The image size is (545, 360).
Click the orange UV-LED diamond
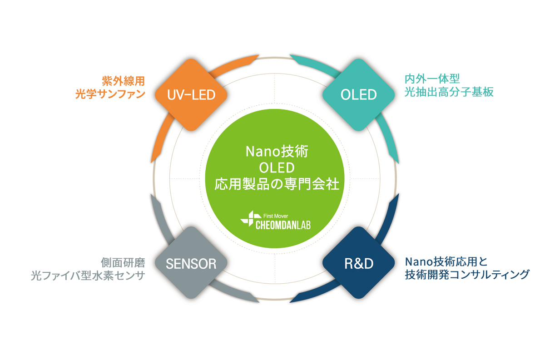click(191, 95)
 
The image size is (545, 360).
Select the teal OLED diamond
click(359, 95)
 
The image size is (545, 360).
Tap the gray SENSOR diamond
click(191, 263)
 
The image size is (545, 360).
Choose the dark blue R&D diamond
click(359, 263)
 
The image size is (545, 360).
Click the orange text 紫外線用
click(124, 81)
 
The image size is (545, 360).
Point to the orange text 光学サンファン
click(110, 94)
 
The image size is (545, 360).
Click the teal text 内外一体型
click(432, 79)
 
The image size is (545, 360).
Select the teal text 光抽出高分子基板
click(449, 92)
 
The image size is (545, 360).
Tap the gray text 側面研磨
click(123, 262)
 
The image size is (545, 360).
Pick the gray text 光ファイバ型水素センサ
click(88, 276)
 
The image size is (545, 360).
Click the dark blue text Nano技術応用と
click(446, 262)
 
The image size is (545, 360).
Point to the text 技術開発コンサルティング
click(467, 275)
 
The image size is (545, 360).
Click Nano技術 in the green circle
click(277, 151)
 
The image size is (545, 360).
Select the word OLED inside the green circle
click(277, 168)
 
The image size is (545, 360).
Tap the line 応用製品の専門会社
click(277, 184)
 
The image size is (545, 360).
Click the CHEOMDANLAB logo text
click(283, 225)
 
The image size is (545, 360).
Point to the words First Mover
click(276, 216)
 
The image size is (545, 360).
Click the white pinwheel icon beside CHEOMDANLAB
click(248, 219)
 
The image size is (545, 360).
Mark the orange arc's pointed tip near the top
click(259, 55)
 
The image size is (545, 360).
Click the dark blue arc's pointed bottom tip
click(290, 302)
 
